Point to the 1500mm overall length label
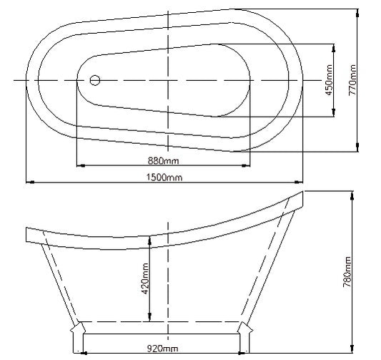[x=163, y=177]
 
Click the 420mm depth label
[x=145, y=279]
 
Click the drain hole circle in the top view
[x=96, y=80]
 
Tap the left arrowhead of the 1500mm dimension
[x=29, y=182]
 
